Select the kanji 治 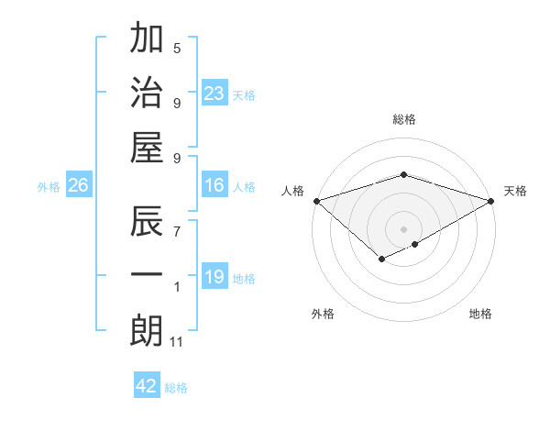point(147,92)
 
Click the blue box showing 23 point(214,93)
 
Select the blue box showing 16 point(214,186)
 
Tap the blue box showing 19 point(214,277)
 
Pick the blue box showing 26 point(79,186)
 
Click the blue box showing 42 point(147,386)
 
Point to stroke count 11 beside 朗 point(178,342)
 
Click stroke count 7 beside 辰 point(177,223)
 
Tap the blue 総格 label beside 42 point(177,388)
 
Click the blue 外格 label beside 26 point(49,187)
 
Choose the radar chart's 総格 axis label point(404,120)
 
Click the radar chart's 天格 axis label point(516,191)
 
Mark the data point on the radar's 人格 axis point(315,201)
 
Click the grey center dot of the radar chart point(403,228)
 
